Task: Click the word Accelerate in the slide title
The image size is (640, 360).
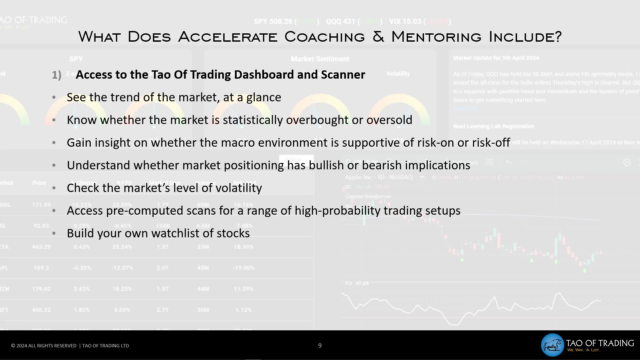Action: [x=228, y=37]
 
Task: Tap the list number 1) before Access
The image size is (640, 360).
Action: [x=56, y=75]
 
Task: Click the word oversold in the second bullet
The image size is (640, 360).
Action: [x=389, y=120]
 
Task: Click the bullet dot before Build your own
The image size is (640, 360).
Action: [x=54, y=233]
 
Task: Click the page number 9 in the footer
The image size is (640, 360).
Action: [x=320, y=346]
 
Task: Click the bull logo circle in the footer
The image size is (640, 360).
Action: [x=552, y=345]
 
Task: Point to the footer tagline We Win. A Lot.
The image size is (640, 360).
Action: [x=583, y=350]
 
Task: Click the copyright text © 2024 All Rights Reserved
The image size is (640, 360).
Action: [x=44, y=346]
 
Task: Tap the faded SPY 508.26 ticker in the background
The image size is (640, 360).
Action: [x=273, y=22]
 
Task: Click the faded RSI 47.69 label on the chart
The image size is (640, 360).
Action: [x=357, y=283]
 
